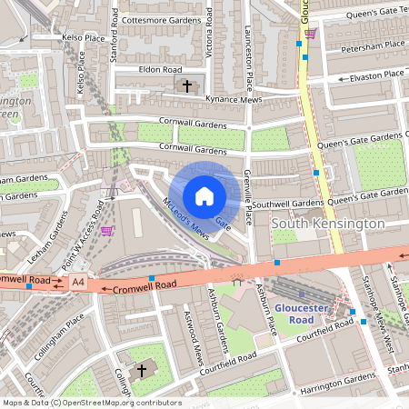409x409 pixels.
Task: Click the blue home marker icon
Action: coord(204,195)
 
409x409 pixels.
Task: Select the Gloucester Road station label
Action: coord(299,314)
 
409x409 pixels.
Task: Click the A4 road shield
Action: coord(80,284)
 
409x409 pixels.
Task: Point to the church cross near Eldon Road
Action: coord(187,86)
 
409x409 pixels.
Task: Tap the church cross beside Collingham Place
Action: coord(141,371)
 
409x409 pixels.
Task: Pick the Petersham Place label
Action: coord(370,45)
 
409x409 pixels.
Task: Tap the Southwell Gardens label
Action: coord(288,203)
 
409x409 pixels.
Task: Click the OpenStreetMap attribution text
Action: coord(92,402)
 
